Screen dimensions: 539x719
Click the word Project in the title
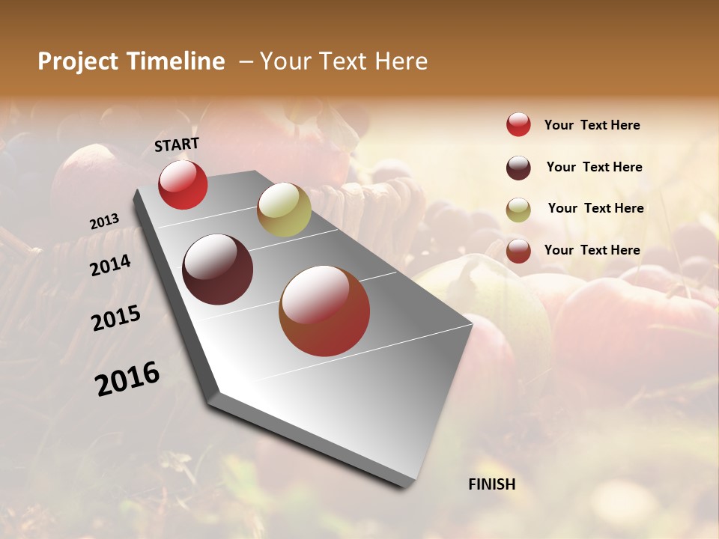[x=76, y=61]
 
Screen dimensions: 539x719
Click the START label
[x=177, y=144]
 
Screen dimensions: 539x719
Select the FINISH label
[x=492, y=484]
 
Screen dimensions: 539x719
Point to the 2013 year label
[x=104, y=222]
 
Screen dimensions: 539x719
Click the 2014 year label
[x=110, y=265]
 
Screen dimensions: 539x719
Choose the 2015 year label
[x=116, y=318]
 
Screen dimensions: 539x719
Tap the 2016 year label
[x=127, y=378]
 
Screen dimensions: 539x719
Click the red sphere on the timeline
[x=183, y=185]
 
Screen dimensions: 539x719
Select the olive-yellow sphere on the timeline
[x=284, y=209]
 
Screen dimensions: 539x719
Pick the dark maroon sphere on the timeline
[x=217, y=269]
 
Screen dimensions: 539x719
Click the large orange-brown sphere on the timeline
[x=324, y=311]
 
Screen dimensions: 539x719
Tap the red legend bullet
[x=518, y=125]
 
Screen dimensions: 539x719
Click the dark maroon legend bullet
[x=518, y=168]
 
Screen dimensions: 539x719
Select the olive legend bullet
[x=518, y=210]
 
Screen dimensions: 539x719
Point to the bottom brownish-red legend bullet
[x=518, y=251]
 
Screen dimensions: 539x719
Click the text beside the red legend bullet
[x=592, y=125]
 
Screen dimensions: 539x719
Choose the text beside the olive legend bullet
[x=595, y=208]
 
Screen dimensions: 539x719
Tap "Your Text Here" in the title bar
[x=343, y=61]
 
